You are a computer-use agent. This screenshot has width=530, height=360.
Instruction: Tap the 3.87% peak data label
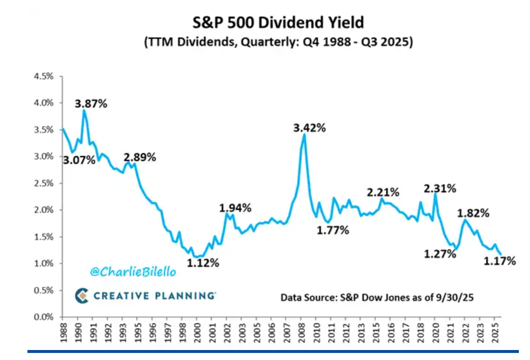pos(91,104)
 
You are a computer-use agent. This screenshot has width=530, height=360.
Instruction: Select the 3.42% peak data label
pos(309,128)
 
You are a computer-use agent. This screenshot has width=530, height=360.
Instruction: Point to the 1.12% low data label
pos(203,263)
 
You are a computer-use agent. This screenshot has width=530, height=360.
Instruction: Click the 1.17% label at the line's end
pos(500,261)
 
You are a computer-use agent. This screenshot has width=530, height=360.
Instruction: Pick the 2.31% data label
pos(440,189)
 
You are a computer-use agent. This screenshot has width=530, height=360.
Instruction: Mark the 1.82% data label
pos(473,213)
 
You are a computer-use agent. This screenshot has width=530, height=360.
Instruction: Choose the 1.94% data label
pos(235,208)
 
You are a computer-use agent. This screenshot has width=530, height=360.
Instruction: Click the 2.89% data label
pos(140,157)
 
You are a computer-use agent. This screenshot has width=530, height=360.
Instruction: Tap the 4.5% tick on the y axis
pos(44,76)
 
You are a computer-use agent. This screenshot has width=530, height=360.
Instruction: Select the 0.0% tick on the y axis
pos(44,317)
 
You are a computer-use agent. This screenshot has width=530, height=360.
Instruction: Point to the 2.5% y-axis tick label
pos(44,183)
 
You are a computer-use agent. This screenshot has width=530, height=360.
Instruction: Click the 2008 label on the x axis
pos(301,333)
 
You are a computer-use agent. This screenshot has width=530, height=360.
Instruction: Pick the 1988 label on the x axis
pos(63,333)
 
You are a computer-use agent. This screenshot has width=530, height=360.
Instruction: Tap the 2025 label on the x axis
pos(495,333)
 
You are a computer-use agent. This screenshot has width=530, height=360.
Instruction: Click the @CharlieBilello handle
pos(133,272)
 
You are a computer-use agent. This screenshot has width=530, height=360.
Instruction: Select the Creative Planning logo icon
pos(82,296)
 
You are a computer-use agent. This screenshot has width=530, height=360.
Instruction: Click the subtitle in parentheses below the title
pos(278,41)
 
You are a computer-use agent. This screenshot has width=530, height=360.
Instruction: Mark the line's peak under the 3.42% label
pos(304,134)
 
